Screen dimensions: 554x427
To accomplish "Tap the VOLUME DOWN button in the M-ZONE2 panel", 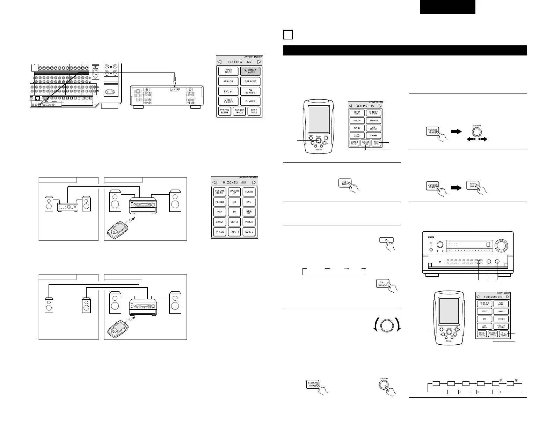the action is [220, 192].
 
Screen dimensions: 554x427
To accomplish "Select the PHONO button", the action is [220, 202].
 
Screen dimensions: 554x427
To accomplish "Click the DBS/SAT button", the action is [249, 212].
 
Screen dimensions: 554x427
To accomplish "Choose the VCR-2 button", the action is [234, 222].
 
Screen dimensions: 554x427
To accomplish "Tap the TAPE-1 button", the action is [234, 232].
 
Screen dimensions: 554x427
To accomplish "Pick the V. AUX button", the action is [220, 232].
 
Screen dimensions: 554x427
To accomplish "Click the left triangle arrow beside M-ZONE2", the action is [215, 182].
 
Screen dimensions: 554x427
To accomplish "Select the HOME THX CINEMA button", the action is [484, 304].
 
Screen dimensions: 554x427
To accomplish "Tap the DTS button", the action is [484, 319].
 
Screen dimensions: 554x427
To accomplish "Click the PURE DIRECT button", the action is [501, 304].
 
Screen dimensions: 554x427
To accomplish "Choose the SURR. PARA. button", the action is [482, 334].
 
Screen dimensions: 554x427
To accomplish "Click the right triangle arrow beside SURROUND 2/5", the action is [508, 297].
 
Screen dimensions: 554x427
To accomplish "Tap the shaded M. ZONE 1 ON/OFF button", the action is [250, 72].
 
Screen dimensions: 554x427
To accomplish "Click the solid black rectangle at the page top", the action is [447, 7].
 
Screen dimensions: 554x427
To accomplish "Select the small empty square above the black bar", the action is [288, 35].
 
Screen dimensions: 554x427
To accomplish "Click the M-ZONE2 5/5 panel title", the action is [234, 182].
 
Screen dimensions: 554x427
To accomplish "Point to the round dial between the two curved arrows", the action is [386, 325].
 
